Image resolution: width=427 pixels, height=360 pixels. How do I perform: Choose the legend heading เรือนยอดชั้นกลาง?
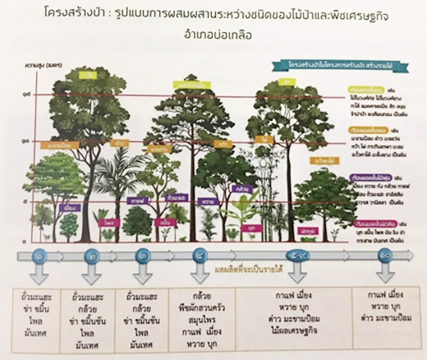(361, 131)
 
